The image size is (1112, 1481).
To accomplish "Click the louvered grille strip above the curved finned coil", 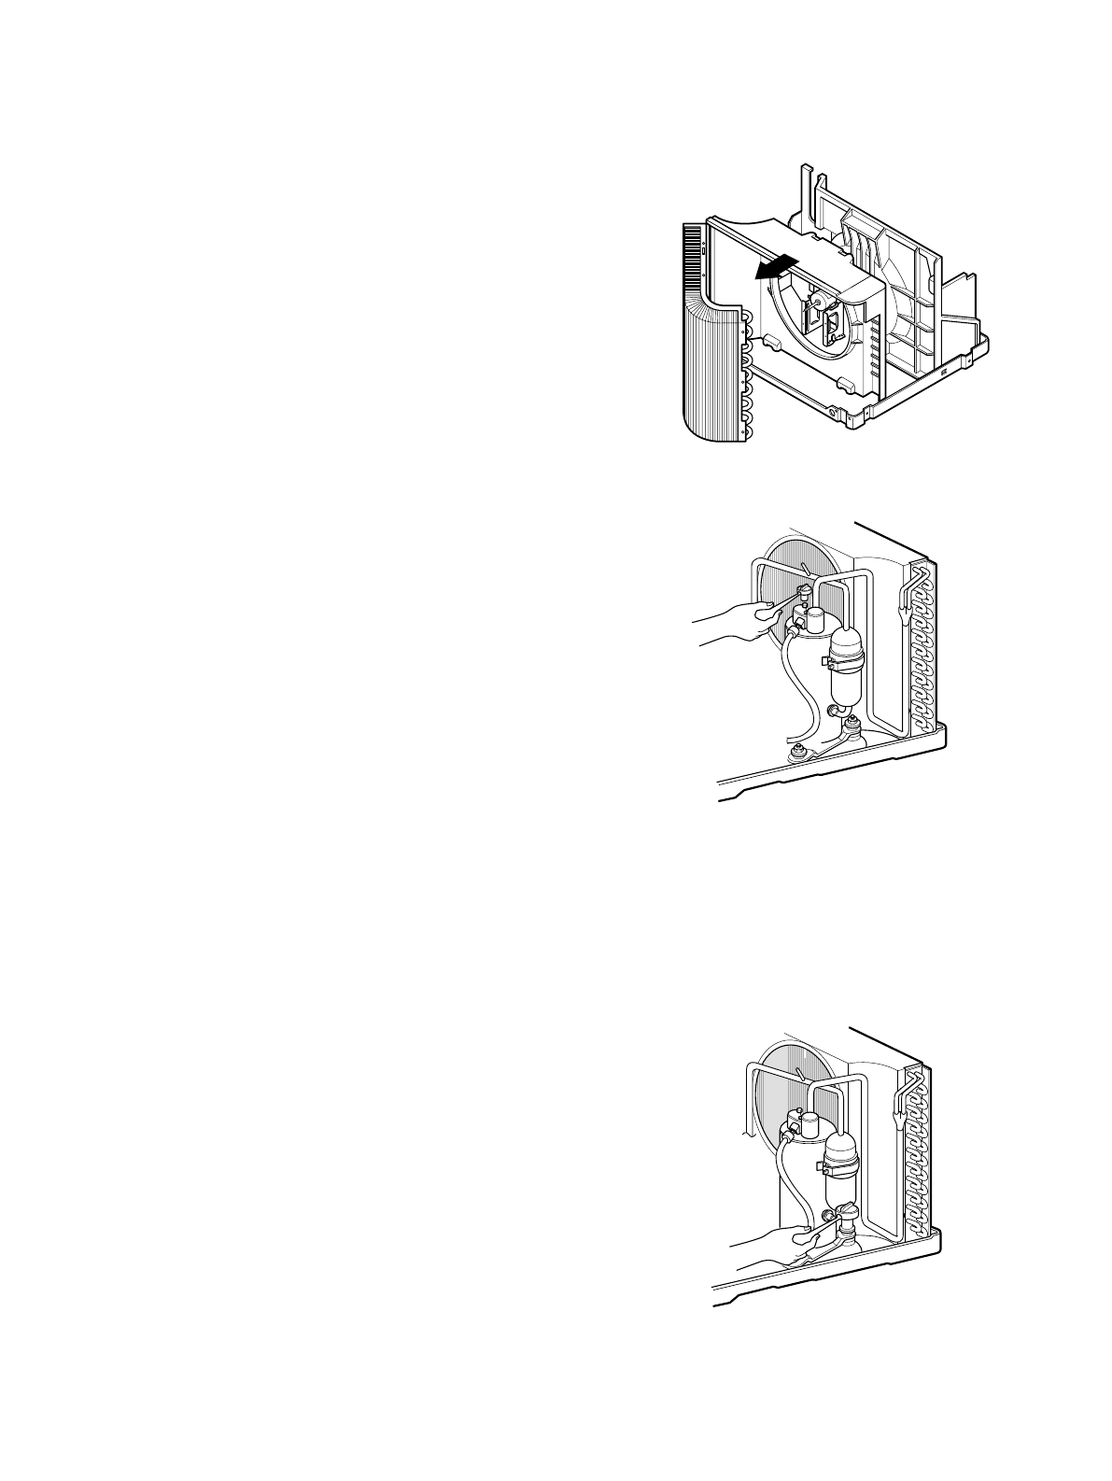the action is coord(692,251).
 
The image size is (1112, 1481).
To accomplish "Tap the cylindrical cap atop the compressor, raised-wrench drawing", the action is coord(815,618).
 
